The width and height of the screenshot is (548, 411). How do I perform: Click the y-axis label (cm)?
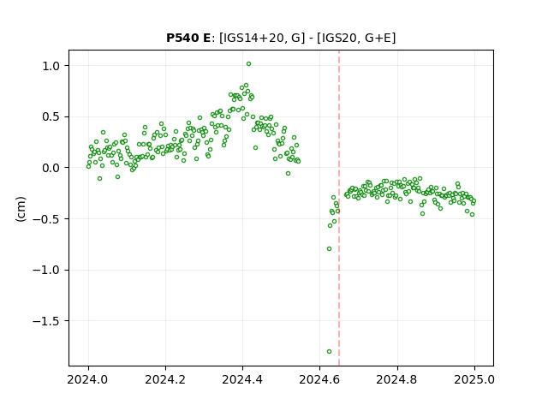21,209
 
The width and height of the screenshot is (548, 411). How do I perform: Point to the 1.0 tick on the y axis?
51,66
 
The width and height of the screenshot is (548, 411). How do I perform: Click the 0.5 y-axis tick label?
51,117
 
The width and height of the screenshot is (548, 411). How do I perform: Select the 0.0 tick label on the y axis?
51,168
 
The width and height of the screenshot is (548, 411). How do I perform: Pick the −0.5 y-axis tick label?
46,219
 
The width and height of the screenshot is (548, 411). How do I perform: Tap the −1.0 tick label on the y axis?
46,271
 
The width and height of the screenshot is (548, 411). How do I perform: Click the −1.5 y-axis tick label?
46,321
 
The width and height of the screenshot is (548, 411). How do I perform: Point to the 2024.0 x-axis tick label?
88,379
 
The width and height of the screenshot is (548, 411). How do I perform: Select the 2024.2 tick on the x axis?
165,379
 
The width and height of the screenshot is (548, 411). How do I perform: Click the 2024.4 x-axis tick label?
242,379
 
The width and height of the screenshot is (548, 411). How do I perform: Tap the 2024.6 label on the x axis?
319,379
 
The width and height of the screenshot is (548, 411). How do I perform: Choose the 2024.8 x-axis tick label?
397,379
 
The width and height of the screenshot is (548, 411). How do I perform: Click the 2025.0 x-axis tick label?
474,379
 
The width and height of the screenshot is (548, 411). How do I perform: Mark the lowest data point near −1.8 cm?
329,352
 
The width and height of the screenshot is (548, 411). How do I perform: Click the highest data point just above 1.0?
249,64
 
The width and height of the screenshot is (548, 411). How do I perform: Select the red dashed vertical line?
339,208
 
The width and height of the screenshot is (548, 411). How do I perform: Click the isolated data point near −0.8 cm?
329,249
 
